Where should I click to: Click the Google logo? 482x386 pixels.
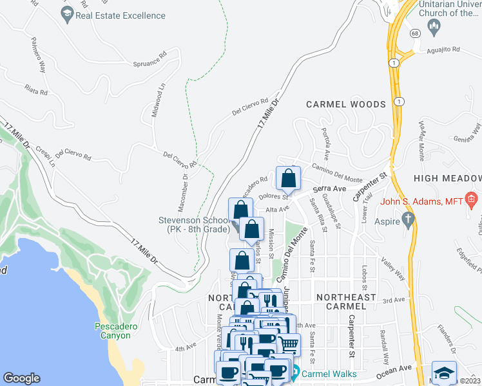[21, 378]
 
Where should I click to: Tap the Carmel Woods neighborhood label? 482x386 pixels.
[345, 104]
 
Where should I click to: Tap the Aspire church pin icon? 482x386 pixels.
[407, 220]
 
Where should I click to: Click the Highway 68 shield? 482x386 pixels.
[415, 33]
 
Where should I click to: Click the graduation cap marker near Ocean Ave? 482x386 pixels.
[444, 372]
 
